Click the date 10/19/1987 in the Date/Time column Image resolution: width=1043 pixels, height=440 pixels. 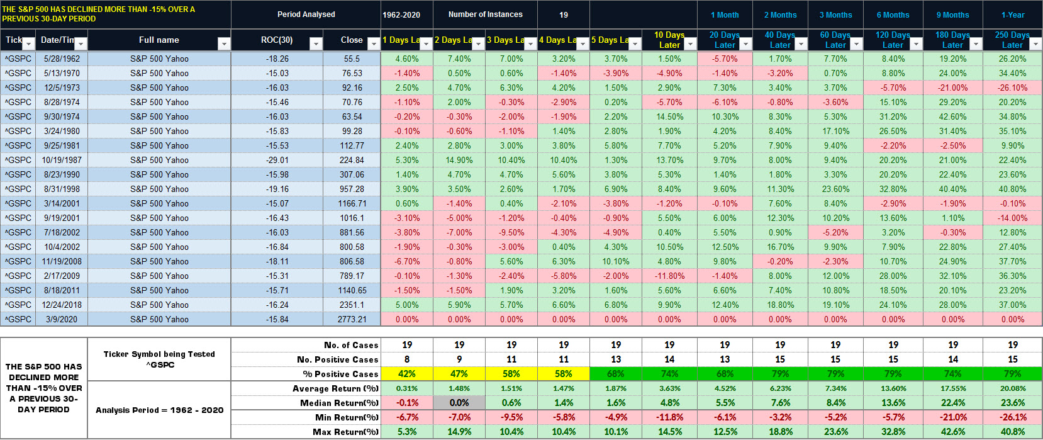click(x=61, y=160)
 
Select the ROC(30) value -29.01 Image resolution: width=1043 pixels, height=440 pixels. click(x=277, y=160)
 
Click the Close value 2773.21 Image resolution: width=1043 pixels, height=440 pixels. click(x=352, y=319)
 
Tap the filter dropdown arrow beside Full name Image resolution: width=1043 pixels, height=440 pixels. click(x=223, y=43)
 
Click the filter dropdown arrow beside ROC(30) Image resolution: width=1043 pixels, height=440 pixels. click(x=316, y=43)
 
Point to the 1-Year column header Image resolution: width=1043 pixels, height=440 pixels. click(x=1012, y=14)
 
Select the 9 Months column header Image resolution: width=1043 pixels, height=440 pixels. click(x=952, y=14)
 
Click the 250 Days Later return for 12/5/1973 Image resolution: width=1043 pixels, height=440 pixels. click(x=1012, y=87)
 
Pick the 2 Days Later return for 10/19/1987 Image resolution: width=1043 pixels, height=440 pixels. click(x=459, y=160)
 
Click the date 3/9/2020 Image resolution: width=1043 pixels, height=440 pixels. click(x=61, y=319)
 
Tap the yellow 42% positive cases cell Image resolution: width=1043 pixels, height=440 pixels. click(x=407, y=374)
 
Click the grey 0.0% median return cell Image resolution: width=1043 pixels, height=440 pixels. click(x=459, y=403)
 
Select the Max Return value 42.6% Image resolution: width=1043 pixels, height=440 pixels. click(x=952, y=432)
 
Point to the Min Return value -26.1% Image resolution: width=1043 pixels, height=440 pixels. click(x=1012, y=417)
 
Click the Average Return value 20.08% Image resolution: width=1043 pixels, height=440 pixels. click(x=1012, y=388)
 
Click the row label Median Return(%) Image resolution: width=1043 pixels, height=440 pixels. click(x=339, y=403)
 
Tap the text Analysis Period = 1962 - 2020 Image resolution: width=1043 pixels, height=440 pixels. click(x=159, y=410)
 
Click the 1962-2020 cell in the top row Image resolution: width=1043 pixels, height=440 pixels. click(x=401, y=14)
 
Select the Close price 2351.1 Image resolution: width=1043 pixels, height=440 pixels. click(x=352, y=305)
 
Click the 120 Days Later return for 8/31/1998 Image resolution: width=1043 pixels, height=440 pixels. click(x=893, y=189)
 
